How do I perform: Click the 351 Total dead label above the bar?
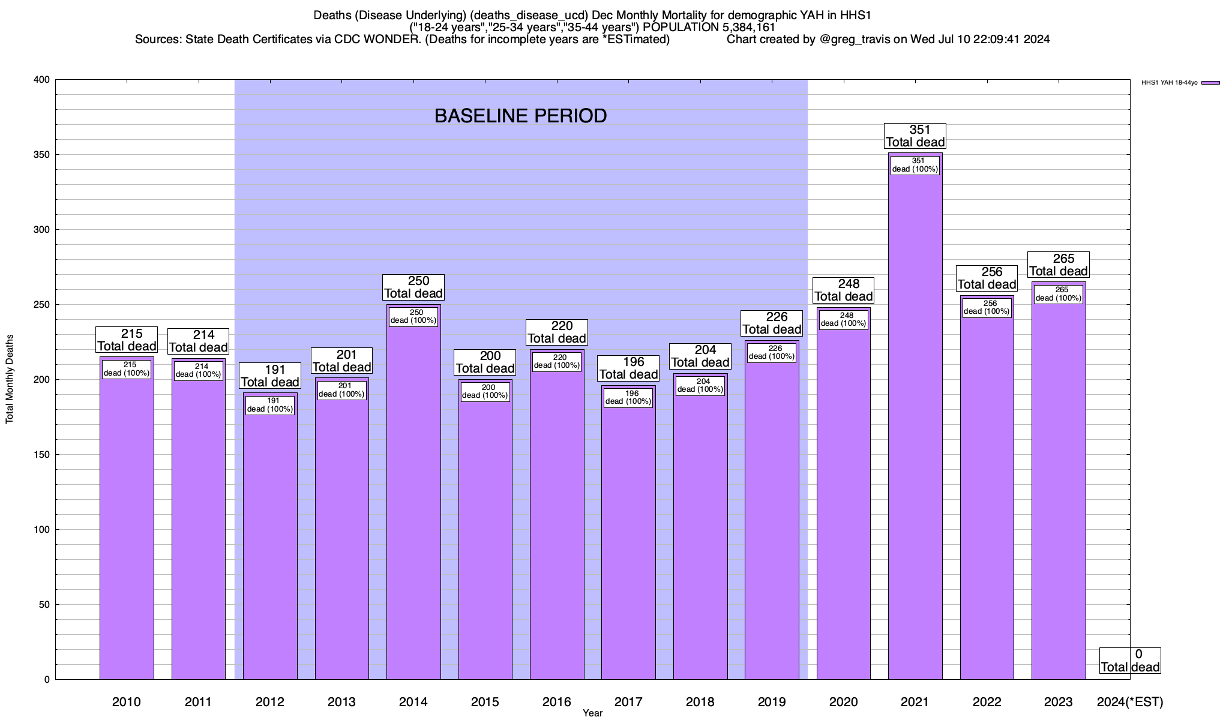(916, 136)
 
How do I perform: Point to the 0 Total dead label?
(1130, 661)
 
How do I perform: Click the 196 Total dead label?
(629, 368)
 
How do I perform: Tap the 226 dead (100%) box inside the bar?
(772, 353)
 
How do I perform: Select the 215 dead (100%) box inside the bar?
(127, 369)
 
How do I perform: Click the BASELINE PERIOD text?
(520, 116)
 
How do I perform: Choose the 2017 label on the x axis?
(628, 702)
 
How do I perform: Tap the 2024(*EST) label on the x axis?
(1129, 702)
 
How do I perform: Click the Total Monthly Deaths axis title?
(10, 379)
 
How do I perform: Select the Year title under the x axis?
(592, 713)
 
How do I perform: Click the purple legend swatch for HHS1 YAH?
(1210, 83)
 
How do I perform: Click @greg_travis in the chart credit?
(853, 40)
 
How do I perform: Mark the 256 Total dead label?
(987, 278)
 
